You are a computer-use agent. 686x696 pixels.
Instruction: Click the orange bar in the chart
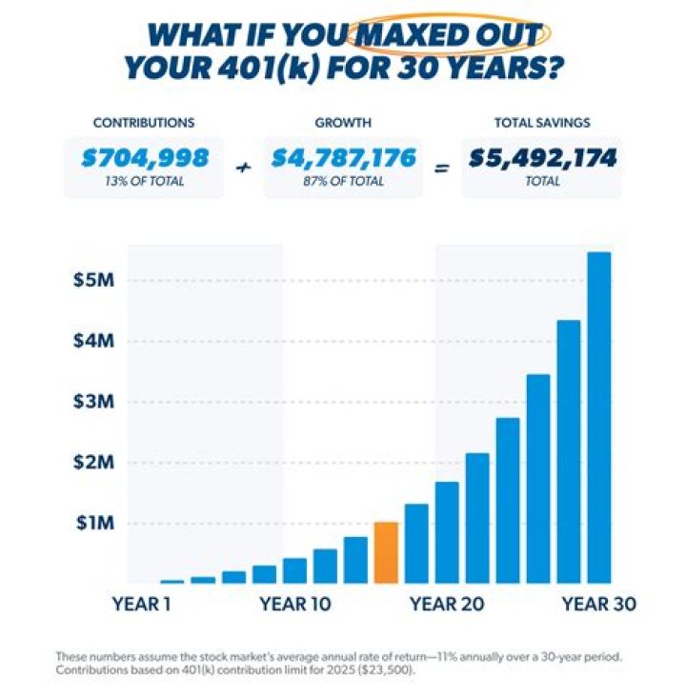(386, 552)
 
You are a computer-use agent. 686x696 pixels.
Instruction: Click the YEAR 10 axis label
(295, 604)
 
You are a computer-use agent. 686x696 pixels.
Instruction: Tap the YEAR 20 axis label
(447, 604)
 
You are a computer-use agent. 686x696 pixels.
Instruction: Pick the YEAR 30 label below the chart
(597, 604)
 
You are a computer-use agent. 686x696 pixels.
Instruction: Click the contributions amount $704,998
(143, 158)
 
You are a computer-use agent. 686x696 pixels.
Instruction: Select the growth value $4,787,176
(343, 158)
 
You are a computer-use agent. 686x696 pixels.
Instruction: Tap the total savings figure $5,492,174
(542, 158)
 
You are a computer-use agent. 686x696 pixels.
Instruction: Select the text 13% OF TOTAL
(143, 181)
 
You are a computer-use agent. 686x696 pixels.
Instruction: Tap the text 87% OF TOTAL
(343, 181)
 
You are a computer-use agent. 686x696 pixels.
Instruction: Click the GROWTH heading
(343, 123)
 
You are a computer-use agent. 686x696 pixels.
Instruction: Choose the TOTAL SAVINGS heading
(541, 123)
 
